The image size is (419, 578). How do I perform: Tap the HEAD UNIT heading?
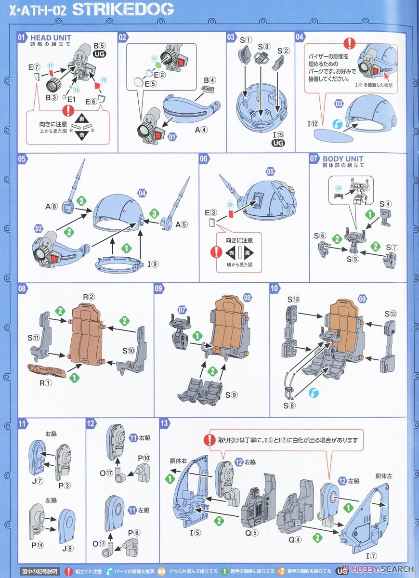(51, 38)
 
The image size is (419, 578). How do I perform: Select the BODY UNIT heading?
(343, 158)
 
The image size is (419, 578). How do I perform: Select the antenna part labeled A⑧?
(52, 207)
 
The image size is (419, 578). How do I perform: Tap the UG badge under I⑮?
(278, 143)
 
